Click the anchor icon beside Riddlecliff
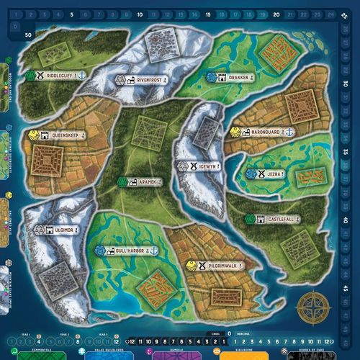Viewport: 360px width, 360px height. pos(83,75)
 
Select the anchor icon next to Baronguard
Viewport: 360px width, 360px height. pos(289,132)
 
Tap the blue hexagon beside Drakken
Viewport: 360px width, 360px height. pos(212,75)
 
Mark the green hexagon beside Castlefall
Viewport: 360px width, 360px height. pos(250,218)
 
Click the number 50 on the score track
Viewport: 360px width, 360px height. pos(29,34)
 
